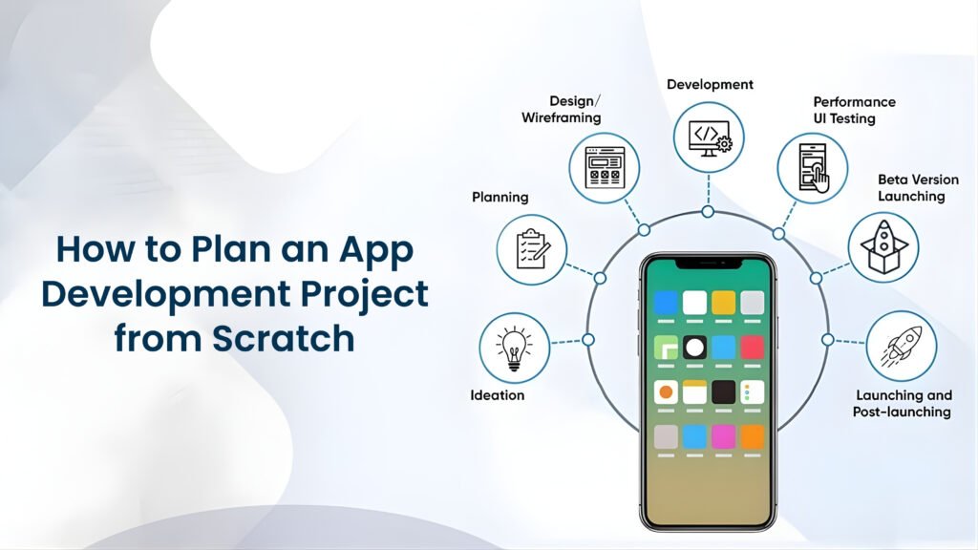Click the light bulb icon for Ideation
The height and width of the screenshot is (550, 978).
click(513, 346)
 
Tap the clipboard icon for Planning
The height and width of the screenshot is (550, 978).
click(531, 249)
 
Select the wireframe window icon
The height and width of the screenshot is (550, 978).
click(604, 169)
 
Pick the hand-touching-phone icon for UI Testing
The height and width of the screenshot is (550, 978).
click(811, 168)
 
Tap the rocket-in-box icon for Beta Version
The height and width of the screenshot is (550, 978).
click(882, 247)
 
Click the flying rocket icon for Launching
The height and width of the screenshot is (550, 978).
click(901, 346)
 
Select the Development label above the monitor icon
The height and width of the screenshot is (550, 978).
click(710, 84)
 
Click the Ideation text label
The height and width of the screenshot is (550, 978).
click(498, 394)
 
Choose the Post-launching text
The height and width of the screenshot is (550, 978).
click(902, 412)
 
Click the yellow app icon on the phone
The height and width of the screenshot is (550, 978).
click(723, 303)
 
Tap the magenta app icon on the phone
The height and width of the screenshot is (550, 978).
click(723, 436)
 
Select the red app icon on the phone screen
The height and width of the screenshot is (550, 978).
click(752, 347)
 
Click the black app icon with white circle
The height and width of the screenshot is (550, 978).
click(694, 347)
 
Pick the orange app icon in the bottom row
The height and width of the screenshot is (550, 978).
click(752, 436)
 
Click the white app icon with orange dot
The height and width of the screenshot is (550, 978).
click(666, 391)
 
